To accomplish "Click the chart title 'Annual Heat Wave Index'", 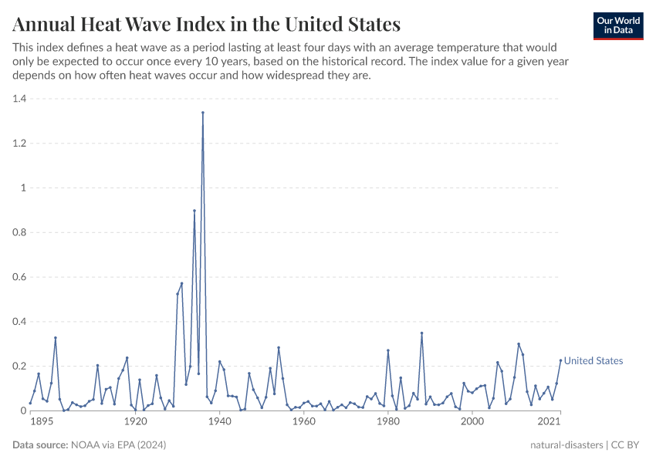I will click(x=206, y=24).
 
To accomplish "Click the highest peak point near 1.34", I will click(x=203, y=113).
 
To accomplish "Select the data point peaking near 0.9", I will click(x=194, y=211).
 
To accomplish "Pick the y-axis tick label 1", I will click(x=23, y=188).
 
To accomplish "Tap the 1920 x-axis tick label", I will click(x=136, y=422).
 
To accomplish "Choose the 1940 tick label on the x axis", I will click(x=220, y=422).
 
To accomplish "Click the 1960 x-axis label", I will click(x=304, y=422).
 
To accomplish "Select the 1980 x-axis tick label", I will click(x=388, y=422).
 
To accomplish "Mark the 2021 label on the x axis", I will click(x=549, y=422).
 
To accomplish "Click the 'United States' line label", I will click(x=593, y=361).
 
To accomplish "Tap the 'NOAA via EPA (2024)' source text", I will click(x=118, y=445).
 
